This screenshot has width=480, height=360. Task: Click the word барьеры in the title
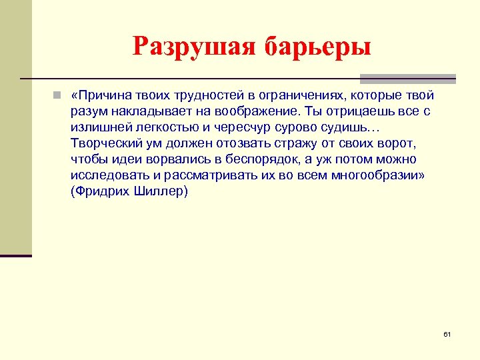point(317,47)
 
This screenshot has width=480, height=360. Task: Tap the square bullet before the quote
point(59,95)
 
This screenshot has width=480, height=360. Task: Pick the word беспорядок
point(259,159)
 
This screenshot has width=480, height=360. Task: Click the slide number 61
point(447,333)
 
